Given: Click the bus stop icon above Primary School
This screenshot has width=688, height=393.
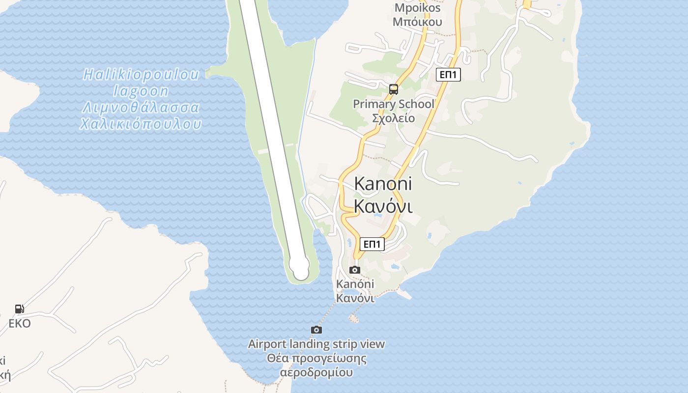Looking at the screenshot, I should tap(393, 89).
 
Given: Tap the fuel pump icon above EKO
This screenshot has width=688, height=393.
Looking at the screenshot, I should tap(20, 309).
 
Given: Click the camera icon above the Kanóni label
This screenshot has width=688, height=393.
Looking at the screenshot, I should tap(354, 270).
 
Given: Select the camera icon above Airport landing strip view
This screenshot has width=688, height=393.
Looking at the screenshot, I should tap(316, 330).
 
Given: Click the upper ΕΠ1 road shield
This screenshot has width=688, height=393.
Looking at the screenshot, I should tap(448, 75).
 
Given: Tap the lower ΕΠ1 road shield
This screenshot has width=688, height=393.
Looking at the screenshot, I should tap(372, 244).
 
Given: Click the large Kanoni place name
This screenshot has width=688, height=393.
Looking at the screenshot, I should tap(383, 184).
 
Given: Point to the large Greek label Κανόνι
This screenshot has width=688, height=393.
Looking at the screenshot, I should tap(383, 207).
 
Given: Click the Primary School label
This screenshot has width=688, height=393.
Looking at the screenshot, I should tap(394, 104).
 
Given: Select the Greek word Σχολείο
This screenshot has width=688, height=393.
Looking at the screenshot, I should tap(394, 118).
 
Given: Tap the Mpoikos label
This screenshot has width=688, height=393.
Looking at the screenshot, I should tap(417, 8).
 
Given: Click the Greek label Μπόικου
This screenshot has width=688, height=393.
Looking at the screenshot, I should tap(417, 22).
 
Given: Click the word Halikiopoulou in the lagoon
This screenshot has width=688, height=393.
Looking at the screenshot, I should tap(142, 75).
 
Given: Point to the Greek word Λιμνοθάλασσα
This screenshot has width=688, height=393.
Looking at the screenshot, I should tap(142, 108).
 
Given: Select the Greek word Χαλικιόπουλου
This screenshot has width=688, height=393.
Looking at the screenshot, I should tap(141, 124).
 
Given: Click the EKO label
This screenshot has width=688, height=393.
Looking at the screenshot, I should tap(20, 323).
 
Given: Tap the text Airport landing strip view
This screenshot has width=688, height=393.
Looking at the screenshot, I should tap(316, 344).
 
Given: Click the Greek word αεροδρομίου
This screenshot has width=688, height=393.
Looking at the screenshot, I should tap(316, 372).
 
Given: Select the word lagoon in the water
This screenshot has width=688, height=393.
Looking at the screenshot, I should tap(141, 91).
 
